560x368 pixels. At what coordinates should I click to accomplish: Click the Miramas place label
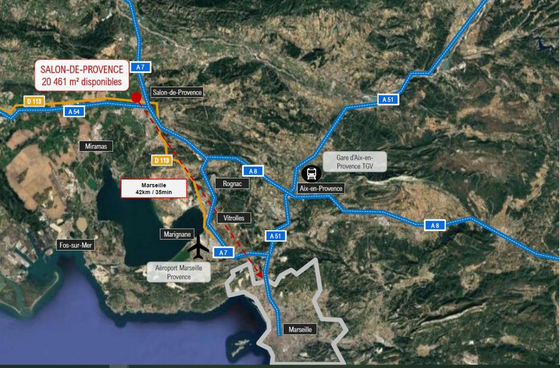[96, 146]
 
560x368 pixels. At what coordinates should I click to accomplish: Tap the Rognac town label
[232, 184]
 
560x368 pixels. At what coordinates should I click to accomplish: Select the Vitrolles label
[234, 217]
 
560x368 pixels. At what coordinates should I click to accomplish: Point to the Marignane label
[177, 234]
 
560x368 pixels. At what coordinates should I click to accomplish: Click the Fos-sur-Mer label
[76, 245]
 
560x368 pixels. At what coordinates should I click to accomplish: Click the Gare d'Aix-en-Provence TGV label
[355, 161]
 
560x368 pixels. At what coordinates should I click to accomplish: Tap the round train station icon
[311, 173]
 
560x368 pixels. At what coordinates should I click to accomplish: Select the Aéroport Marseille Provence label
[178, 272]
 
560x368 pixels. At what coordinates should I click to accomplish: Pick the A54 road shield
[74, 111]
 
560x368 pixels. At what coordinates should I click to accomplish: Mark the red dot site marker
[136, 97]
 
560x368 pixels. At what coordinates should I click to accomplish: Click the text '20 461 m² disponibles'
[81, 81]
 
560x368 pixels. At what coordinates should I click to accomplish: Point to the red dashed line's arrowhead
[260, 275]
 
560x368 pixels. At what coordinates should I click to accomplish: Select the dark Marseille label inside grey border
[300, 329]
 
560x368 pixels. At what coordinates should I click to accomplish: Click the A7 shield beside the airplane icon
[223, 252]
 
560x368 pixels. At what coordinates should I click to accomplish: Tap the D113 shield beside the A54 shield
[35, 101]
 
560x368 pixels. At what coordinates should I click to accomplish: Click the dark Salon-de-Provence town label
[177, 92]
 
